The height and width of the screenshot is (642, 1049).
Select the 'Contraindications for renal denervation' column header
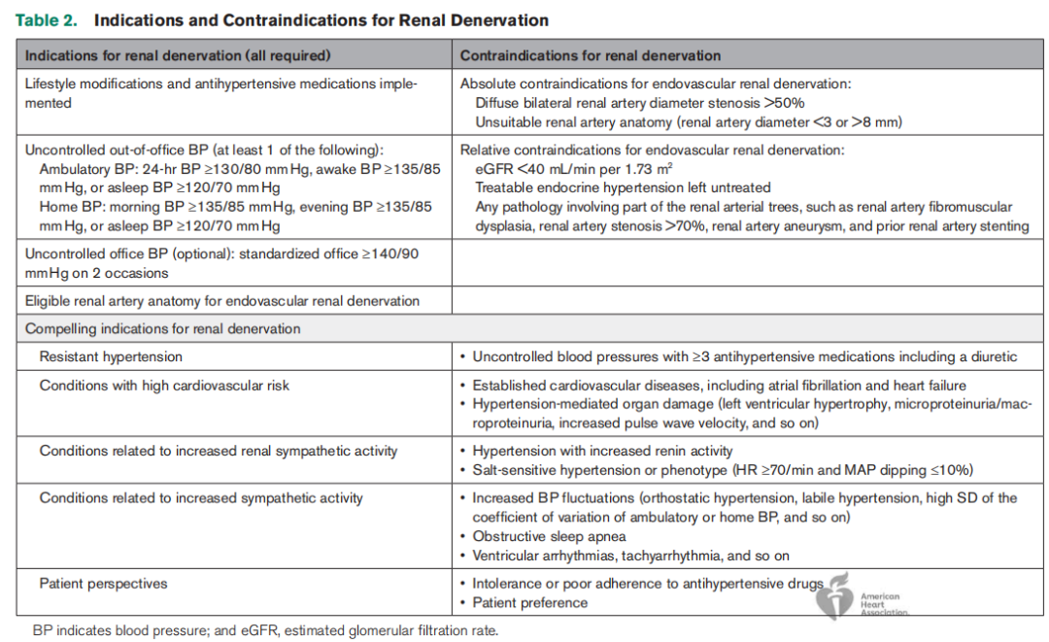coord(590,55)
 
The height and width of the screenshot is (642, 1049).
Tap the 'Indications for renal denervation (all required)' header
coord(177,55)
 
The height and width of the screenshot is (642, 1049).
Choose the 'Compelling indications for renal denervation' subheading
coord(162,329)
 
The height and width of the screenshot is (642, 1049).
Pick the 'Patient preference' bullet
coord(529,603)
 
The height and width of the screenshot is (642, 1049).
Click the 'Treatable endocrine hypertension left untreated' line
coord(623,187)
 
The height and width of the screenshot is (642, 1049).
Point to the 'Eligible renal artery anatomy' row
coord(222,301)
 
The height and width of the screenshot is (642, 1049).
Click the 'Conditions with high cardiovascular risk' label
coord(164,386)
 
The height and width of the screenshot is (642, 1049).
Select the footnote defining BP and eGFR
coord(265,630)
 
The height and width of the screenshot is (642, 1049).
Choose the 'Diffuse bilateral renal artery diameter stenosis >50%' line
coord(640,102)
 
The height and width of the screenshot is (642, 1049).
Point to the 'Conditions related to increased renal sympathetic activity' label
coord(218,452)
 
